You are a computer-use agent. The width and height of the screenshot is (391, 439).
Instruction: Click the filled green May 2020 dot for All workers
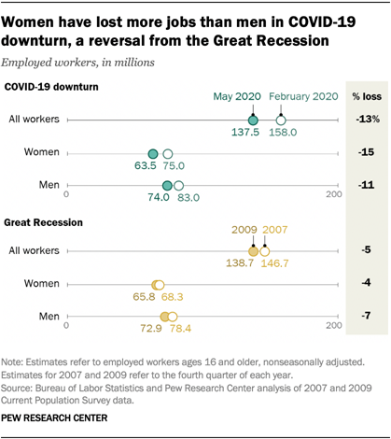coord(252,120)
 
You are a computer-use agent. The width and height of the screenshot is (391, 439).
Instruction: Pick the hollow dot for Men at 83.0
coord(179,185)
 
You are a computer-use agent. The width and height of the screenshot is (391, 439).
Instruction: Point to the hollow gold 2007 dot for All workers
coord(264,251)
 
